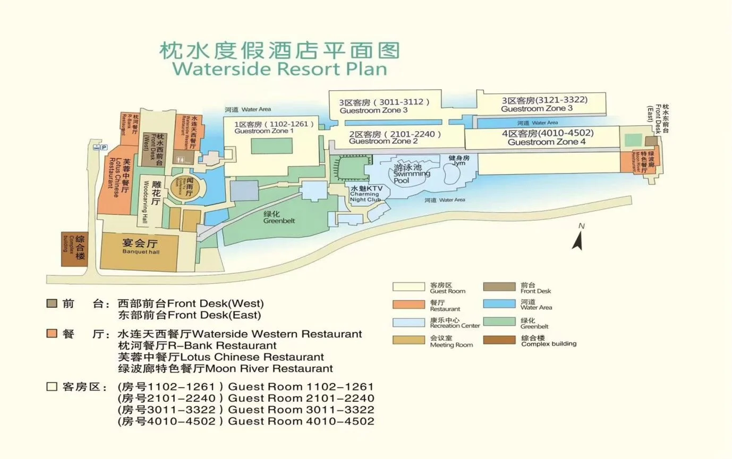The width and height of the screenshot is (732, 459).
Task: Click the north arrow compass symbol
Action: click(578, 238)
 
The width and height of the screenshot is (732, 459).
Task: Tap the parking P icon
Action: click(104, 147)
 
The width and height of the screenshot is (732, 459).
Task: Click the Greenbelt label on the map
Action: click(279, 217)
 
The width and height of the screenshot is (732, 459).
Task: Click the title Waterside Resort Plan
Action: click(280, 69)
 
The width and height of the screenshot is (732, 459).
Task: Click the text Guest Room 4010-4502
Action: click(301, 421)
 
